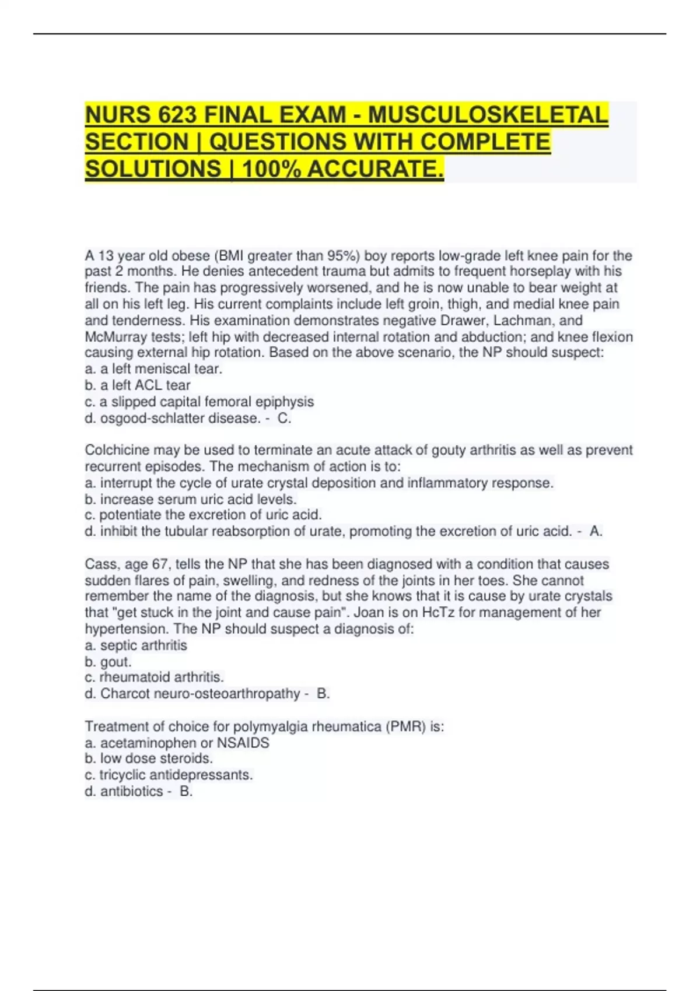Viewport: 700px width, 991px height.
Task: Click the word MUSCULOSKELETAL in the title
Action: click(488, 115)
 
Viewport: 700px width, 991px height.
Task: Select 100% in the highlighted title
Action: click(272, 169)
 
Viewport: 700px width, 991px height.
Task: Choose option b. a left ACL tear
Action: click(138, 385)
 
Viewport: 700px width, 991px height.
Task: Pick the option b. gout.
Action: click(108, 662)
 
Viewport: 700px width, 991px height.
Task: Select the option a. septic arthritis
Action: click(136, 645)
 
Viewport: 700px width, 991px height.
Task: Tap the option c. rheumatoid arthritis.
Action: click(155, 677)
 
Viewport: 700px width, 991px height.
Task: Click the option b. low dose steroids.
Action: click(149, 758)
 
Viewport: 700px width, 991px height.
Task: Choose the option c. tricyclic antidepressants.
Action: click(169, 775)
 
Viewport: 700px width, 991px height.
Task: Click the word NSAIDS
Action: click(243, 743)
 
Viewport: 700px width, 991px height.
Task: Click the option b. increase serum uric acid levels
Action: click(191, 499)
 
